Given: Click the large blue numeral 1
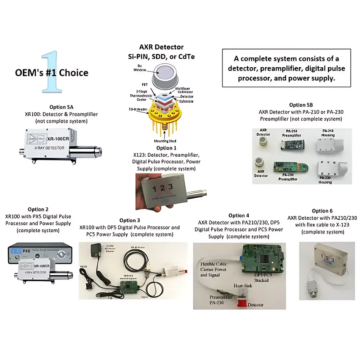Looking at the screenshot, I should pos(50,72).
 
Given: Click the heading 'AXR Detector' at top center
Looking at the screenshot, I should pos(161,47).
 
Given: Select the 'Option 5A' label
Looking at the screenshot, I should pos(61,107).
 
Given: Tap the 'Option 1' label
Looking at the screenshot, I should pos(166,148).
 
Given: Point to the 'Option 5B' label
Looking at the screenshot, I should pos(301,105).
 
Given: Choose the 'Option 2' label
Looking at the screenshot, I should pos(38,210).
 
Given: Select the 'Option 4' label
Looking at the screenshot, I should pos(239,215).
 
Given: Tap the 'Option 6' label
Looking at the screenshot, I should pos(322,211).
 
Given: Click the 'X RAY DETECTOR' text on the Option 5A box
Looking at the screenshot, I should pos(50,148).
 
